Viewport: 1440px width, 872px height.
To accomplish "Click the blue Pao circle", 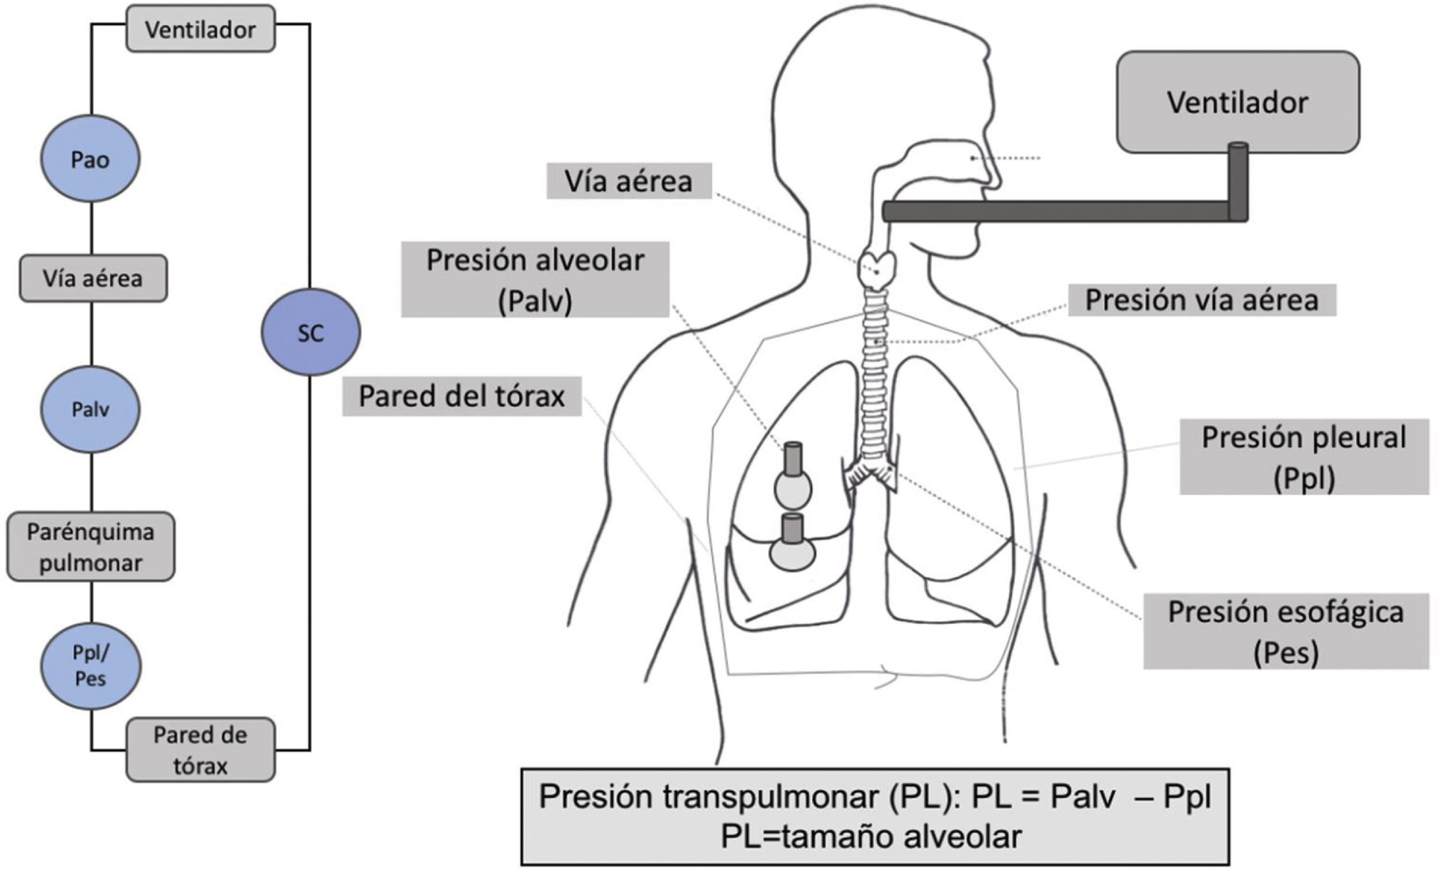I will point(90,159).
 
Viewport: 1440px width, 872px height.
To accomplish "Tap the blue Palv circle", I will point(90,409).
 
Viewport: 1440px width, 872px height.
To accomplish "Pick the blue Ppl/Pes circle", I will point(90,666).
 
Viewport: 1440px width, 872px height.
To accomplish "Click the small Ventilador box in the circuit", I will point(200,29).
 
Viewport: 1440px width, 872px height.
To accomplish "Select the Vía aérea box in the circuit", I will point(93,278).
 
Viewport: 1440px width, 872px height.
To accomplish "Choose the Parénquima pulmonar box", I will point(91,547).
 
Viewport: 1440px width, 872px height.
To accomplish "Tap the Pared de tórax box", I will point(200,749).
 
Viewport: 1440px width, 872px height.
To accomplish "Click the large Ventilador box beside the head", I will point(1237,102).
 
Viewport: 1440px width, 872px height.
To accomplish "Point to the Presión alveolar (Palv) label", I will point(535,280).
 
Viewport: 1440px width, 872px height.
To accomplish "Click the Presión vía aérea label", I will point(1202,300).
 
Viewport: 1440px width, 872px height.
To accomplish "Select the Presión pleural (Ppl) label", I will point(1304,457).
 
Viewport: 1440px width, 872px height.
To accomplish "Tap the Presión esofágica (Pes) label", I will point(1286,632).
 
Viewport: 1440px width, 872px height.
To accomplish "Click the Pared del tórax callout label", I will point(462,396).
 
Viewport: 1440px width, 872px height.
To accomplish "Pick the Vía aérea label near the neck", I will point(629,181).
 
